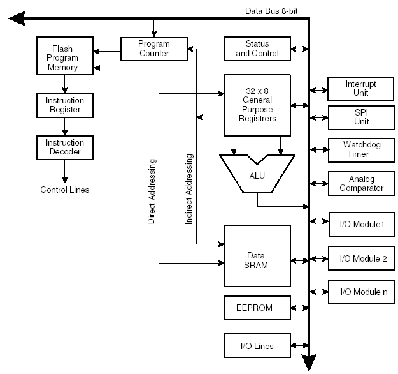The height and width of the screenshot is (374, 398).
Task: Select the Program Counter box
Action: [154, 49]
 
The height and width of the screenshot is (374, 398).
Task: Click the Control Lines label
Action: [64, 190]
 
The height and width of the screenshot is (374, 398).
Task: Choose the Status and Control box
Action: [257, 49]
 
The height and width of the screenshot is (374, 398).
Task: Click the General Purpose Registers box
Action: [257, 105]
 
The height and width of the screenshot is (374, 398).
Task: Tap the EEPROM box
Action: [257, 308]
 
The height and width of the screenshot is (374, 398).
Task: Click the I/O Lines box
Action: [257, 345]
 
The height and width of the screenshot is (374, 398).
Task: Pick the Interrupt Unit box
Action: [360, 88]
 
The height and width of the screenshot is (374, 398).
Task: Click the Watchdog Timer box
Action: [360, 149]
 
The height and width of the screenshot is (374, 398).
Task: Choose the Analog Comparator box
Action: [360, 183]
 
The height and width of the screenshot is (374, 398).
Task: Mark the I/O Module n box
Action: [360, 292]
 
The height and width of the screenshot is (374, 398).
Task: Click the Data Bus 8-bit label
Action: [276, 11]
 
